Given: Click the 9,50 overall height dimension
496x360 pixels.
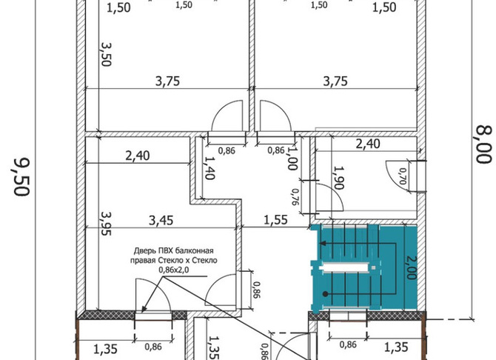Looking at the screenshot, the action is pyautogui.click(x=22, y=177).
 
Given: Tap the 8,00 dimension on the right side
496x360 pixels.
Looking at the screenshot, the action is pyautogui.click(x=484, y=144).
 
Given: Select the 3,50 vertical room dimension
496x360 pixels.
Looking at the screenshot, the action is pyautogui.click(x=106, y=54).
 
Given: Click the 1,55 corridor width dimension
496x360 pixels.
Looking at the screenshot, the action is pyautogui.click(x=276, y=220).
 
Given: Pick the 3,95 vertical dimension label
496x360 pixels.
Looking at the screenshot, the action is pyautogui.click(x=106, y=224).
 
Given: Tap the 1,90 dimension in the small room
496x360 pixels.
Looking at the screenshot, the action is pyautogui.click(x=339, y=178).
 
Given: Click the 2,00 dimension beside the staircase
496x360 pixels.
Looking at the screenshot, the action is pyautogui.click(x=411, y=268).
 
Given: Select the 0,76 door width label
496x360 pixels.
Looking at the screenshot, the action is pyautogui.click(x=295, y=197).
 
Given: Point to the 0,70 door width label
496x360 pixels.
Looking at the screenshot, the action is pyautogui.click(x=403, y=176).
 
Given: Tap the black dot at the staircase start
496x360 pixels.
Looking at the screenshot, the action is pyautogui.click(x=325, y=294).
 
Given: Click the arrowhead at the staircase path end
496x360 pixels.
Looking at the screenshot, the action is pyautogui.click(x=322, y=244).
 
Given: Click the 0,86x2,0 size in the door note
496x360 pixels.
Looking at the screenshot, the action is pyautogui.click(x=174, y=270).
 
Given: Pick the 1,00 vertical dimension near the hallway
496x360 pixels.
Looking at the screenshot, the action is pyautogui.click(x=292, y=159).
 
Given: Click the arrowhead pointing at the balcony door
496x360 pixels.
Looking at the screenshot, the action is pyautogui.click(x=144, y=308).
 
